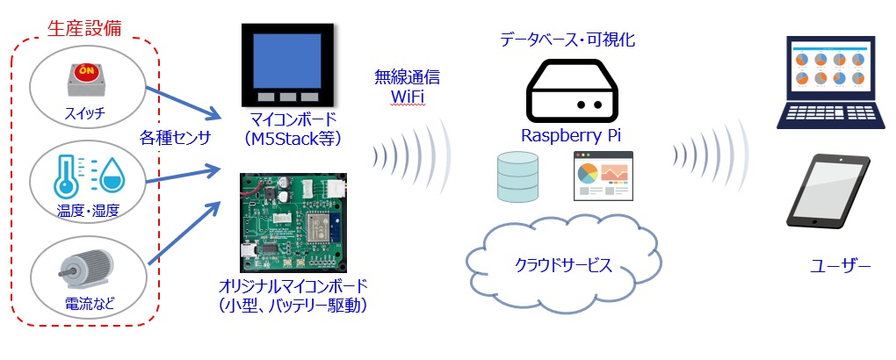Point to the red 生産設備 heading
84,29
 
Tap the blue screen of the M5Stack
287,60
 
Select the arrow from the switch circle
183,103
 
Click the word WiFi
408,97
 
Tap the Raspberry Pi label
571,136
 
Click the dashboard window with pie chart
603,176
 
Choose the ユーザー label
840,266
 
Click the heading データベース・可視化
567,40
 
